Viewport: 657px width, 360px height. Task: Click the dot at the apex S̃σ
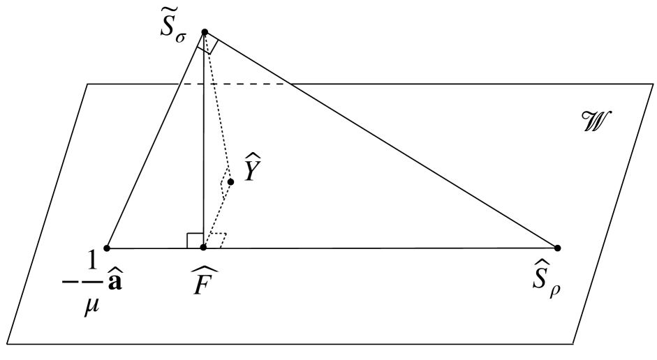205,32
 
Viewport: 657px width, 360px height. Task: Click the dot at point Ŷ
230,181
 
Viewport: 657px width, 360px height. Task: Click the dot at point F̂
203,248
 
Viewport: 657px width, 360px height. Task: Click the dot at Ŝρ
557,248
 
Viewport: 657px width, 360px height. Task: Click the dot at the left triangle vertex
107,248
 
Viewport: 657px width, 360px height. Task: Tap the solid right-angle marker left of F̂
195,241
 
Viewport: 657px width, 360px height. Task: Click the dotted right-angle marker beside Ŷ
226,183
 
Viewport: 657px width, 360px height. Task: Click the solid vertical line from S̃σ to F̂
204,140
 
